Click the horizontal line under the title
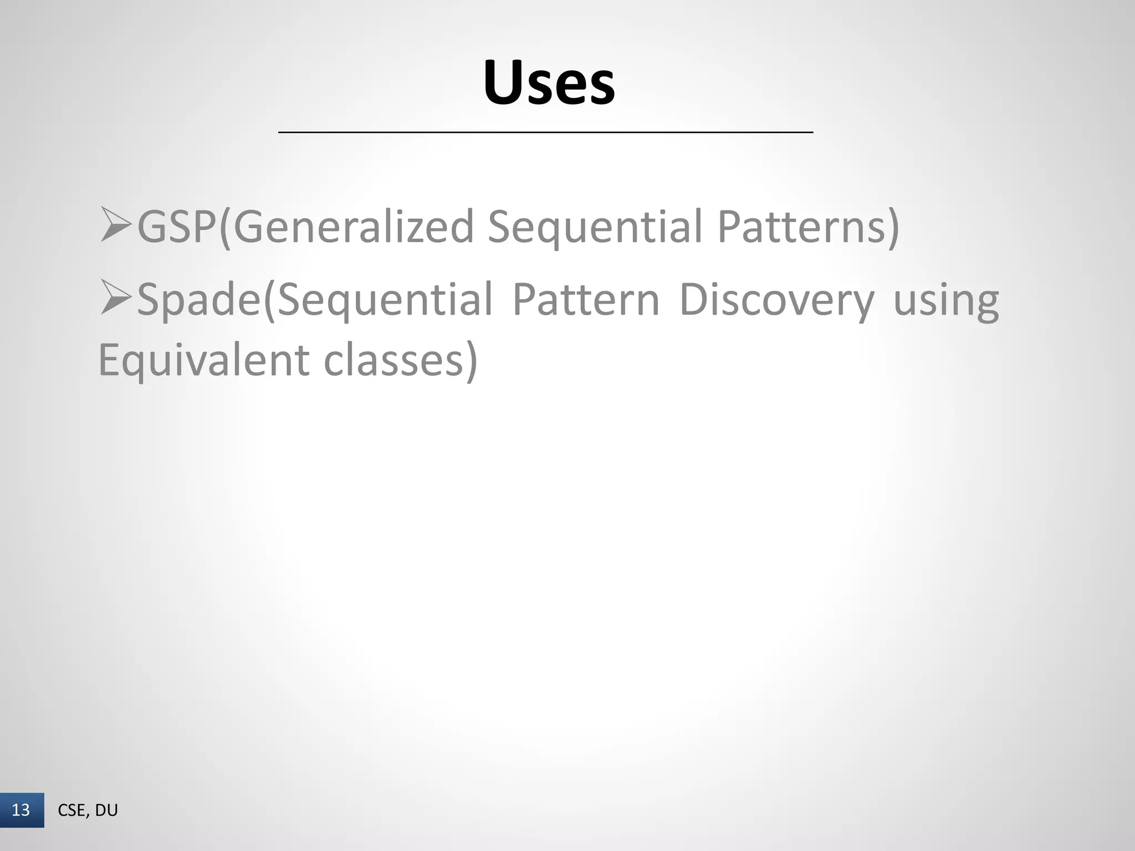(545, 132)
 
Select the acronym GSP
(177, 227)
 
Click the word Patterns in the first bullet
(800, 227)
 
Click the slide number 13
(21, 810)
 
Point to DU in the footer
(106, 811)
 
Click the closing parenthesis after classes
(471, 361)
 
